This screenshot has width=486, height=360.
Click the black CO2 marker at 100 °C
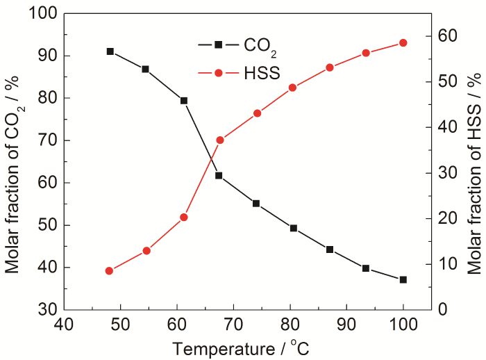(403, 279)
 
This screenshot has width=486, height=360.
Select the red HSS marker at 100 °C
(403, 43)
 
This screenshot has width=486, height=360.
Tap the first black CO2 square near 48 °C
(110, 51)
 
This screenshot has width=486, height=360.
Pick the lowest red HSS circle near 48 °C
(109, 271)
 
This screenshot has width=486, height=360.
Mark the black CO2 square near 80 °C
(294, 228)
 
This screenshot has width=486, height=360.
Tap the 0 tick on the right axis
(445, 309)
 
